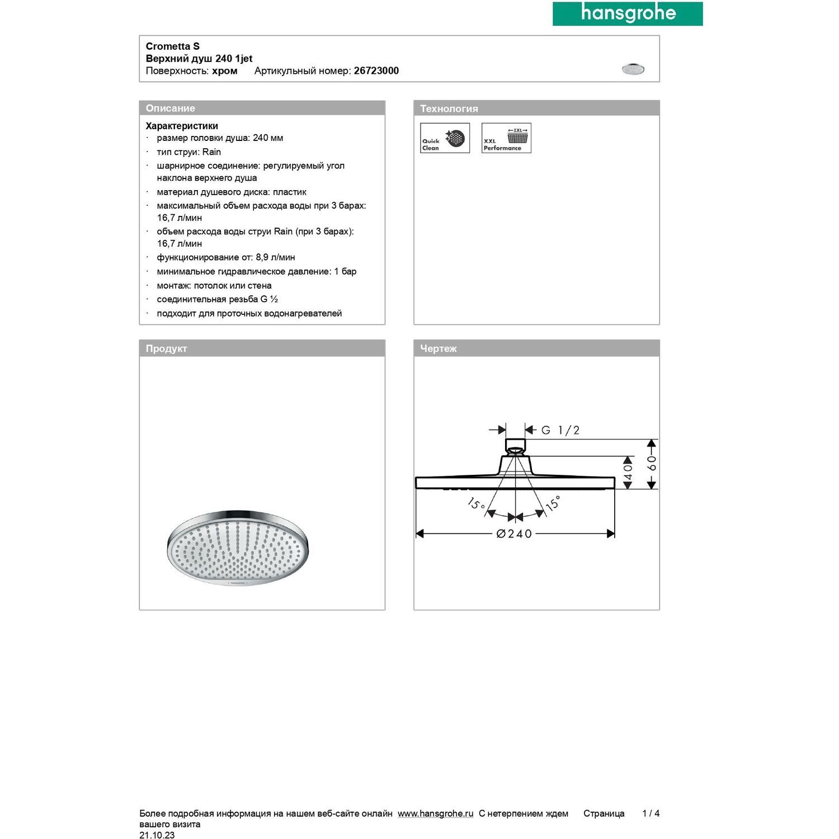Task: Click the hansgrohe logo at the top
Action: [x=628, y=13]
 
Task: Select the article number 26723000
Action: [x=376, y=71]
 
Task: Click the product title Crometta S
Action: [x=172, y=46]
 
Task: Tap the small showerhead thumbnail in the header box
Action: [x=633, y=69]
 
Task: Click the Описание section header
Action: [x=171, y=109]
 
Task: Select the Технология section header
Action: [x=449, y=109]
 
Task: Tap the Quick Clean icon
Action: [x=445, y=138]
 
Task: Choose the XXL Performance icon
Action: [x=506, y=138]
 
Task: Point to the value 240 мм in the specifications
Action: [x=268, y=138]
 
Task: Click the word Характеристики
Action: [x=182, y=126]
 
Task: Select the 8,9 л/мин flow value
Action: [x=275, y=257]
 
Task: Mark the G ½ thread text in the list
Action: [x=269, y=299]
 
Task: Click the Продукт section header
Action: [x=166, y=348]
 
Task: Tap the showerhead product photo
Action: [x=238, y=548]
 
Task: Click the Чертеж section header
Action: [x=439, y=348]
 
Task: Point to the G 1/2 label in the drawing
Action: [x=560, y=430]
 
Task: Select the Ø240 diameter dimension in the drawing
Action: [x=514, y=534]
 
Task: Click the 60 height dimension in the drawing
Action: [x=652, y=464]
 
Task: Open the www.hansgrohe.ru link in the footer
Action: [x=435, y=814]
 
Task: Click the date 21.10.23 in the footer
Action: [x=157, y=835]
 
